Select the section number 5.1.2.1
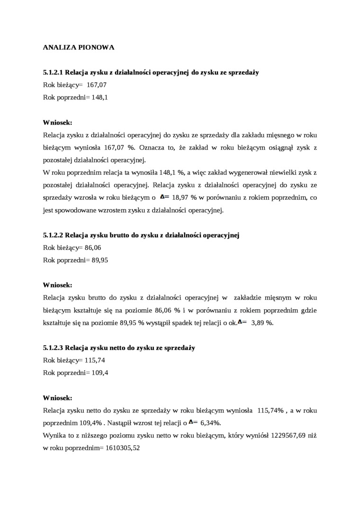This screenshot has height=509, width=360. pyautogui.click(x=53, y=72)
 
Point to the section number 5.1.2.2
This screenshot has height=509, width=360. pyautogui.click(x=53, y=235)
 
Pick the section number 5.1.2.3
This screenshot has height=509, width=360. pyautogui.click(x=53, y=348)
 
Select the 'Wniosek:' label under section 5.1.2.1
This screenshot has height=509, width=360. pyautogui.click(x=57, y=122)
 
